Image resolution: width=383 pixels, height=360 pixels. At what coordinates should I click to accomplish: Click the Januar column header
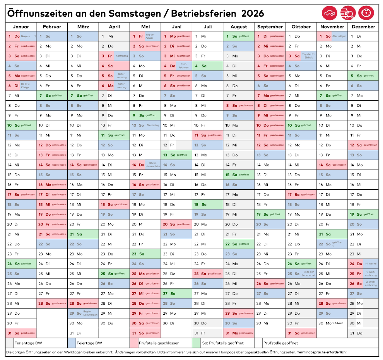point(21,27)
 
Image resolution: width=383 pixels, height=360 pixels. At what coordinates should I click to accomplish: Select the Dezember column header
point(363,27)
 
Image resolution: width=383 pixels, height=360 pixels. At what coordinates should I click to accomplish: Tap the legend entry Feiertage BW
point(89,343)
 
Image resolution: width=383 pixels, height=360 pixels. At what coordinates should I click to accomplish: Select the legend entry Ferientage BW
point(28,343)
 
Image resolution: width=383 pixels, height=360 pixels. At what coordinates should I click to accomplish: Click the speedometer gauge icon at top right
point(366,13)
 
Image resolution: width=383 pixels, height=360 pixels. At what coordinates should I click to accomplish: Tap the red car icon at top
point(330,13)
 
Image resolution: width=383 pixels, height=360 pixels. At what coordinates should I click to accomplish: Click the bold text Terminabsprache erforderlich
point(321,352)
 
